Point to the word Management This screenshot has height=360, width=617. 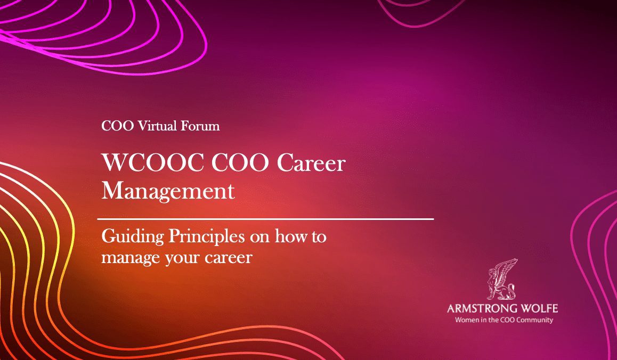pyautogui.click(x=168, y=190)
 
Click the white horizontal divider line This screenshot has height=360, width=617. pyautogui.click(x=265, y=219)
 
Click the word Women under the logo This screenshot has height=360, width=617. pyautogui.click(x=465, y=320)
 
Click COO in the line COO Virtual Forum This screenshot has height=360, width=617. pyautogui.click(x=113, y=126)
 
